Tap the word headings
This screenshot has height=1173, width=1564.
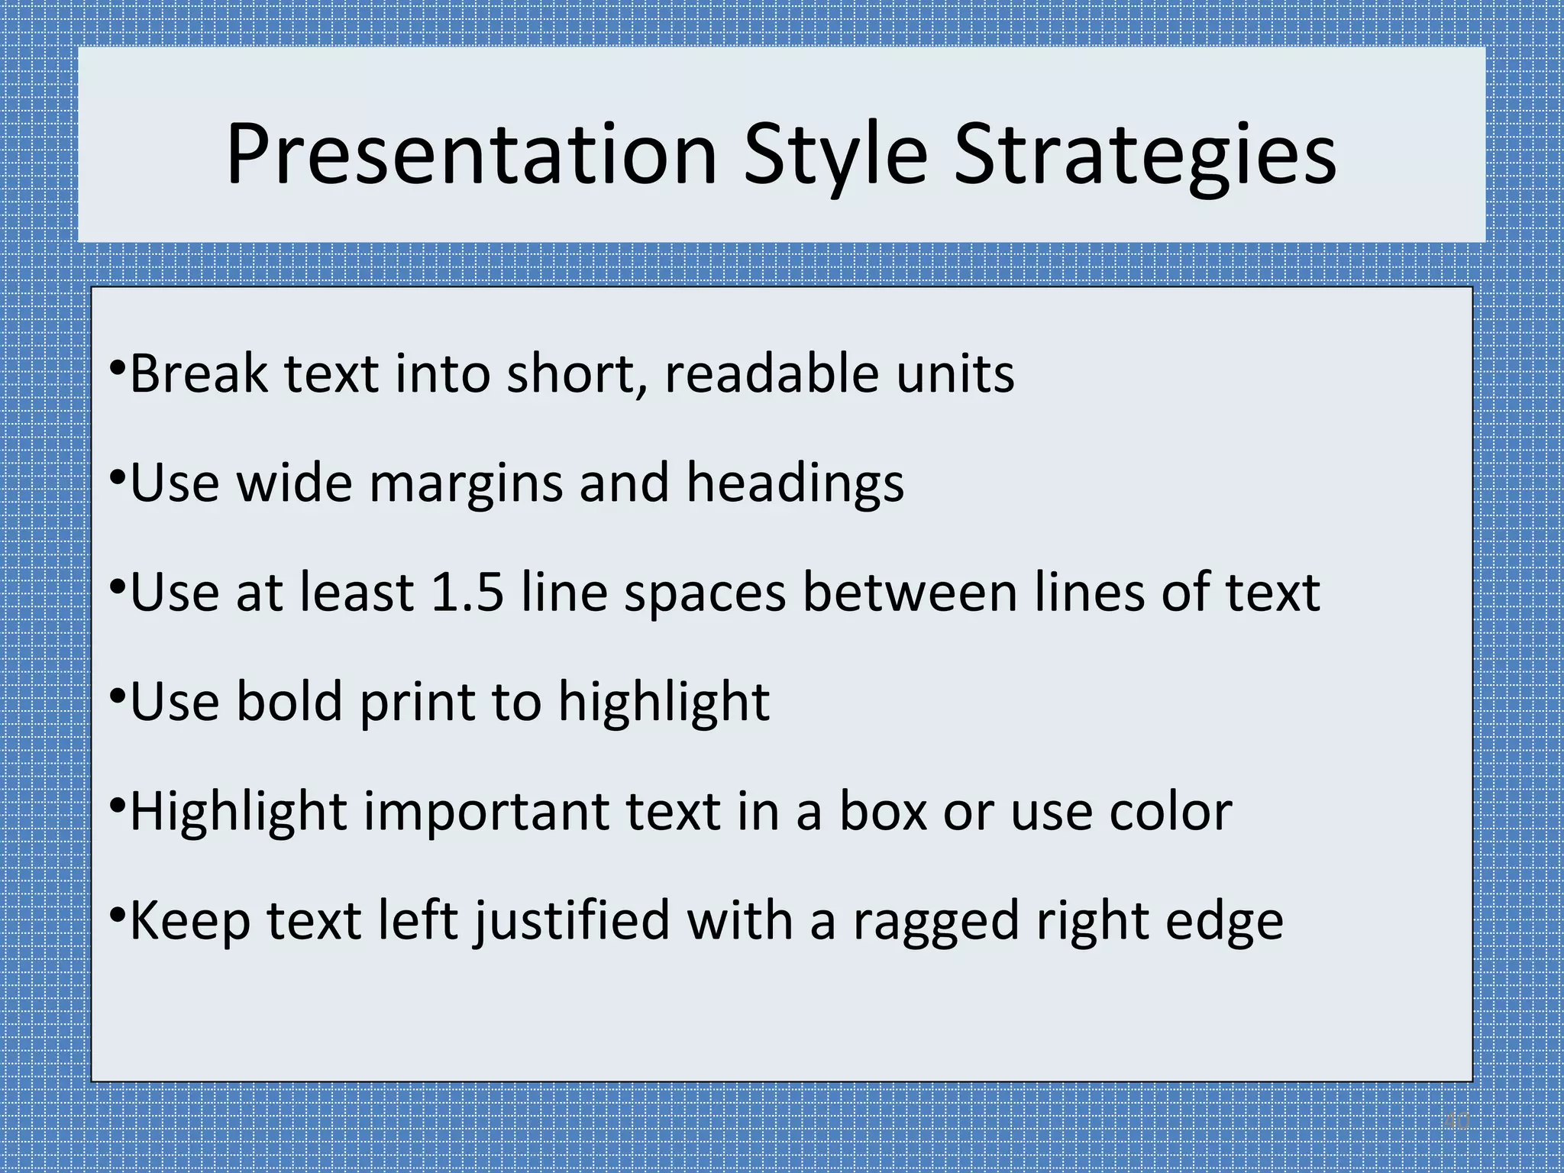tap(795, 484)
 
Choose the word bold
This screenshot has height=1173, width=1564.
tap(289, 702)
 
